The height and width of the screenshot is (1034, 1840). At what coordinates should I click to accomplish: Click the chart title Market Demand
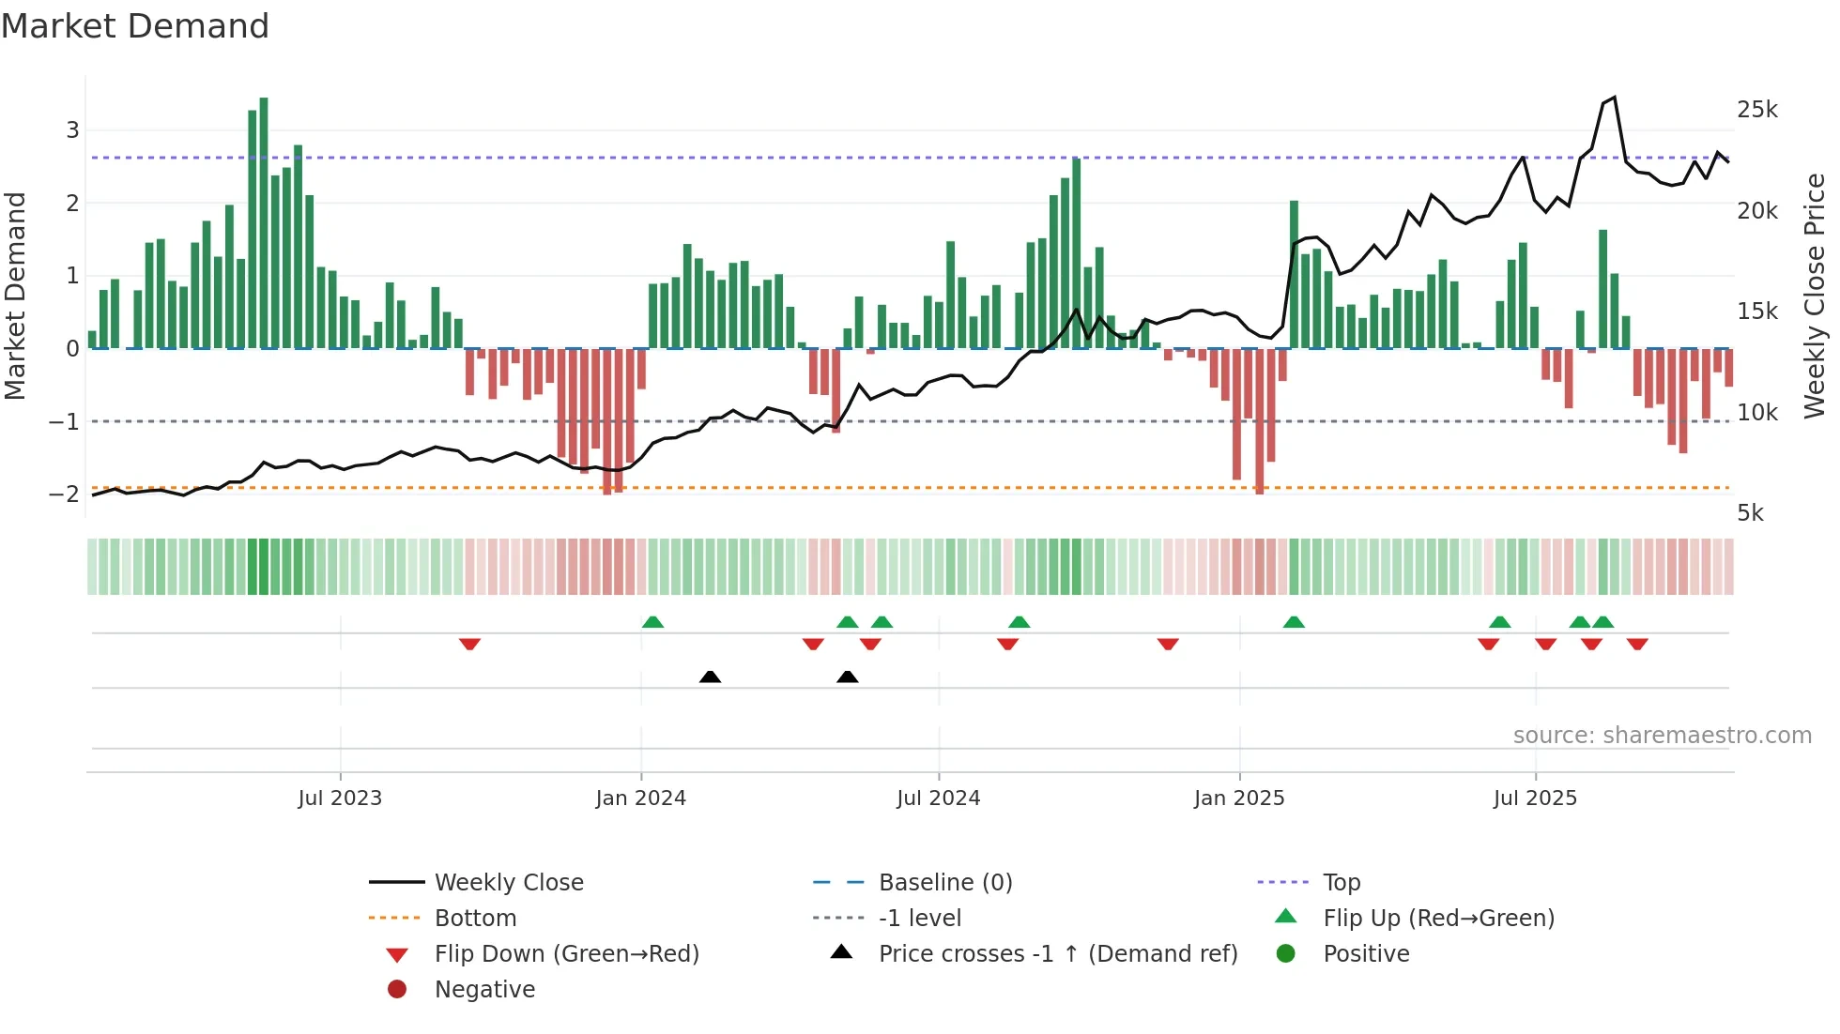135,26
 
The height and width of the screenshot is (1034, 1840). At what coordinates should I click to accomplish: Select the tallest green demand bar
264,223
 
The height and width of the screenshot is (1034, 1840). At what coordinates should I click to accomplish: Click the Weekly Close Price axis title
1815,296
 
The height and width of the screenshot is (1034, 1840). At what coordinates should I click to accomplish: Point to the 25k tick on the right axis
1756,110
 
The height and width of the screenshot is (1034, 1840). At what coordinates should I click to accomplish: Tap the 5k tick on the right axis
1750,513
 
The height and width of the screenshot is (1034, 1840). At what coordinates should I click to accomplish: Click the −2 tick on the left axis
65,494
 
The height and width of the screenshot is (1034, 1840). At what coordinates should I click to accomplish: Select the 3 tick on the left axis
72,129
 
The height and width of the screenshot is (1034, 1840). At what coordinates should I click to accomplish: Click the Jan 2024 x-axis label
640,798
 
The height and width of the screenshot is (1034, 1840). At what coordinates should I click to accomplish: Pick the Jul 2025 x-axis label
1535,798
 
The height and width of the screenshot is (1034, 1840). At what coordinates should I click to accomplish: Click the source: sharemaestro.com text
1662,736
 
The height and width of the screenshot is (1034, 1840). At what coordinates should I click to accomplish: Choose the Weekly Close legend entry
508,883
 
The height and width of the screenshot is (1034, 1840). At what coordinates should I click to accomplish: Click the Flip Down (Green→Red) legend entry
566,954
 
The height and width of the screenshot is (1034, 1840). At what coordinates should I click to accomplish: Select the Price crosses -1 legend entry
1057,954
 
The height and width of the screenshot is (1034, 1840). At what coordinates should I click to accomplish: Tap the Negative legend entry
484,990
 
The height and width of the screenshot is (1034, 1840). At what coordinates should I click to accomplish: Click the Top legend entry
1341,883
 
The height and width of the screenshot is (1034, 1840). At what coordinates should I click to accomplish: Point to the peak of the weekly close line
1614,98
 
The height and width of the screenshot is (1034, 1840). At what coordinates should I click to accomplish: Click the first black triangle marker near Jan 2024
710,677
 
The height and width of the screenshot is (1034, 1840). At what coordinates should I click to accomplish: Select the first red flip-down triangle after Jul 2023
469,644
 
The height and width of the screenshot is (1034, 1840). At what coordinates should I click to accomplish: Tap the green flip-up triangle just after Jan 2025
1294,622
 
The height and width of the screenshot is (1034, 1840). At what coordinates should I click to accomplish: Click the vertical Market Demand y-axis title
16,296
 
